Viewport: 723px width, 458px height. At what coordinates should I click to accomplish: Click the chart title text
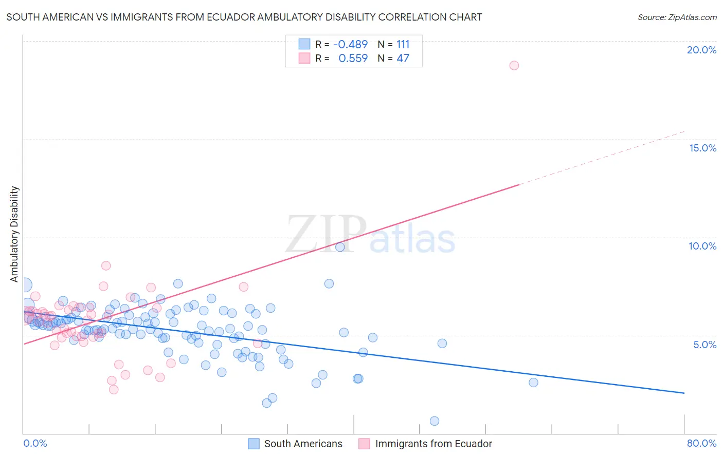(x=244, y=17)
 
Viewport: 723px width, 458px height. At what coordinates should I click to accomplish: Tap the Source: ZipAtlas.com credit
(x=677, y=17)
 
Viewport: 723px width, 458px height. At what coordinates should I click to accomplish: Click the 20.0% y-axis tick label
(x=701, y=50)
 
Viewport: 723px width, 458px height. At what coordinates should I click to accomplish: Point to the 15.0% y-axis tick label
(x=702, y=148)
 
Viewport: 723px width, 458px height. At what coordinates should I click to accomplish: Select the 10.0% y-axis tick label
(x=702, y=246)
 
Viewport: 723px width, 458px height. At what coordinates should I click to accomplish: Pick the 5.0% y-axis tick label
(x=704, y=345)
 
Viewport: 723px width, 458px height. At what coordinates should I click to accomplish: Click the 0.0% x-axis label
(x=35, y=443)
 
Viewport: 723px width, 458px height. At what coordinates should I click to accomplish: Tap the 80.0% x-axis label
(x=701, y=443)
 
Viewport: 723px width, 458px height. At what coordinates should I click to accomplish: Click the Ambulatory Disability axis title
(x=14, y=234)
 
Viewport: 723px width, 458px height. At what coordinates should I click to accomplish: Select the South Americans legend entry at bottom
(x=295, y=444)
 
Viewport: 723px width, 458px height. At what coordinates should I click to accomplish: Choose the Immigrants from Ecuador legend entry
(x=425, y=444)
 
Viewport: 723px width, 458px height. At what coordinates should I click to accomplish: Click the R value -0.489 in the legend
(x=350, y=45)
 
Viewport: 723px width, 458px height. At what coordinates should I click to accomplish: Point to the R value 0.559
(x=353, y=59)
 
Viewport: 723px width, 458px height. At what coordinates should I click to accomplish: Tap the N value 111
(x=403, y=45)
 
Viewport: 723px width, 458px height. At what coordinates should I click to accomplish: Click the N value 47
(x=403, y=59)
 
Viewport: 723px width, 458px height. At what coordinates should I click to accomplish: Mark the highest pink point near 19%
(x=514, y=65)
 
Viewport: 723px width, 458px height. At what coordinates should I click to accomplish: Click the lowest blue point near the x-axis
(x=435, y=421)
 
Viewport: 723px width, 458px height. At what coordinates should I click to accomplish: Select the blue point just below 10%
(x=340, y=247)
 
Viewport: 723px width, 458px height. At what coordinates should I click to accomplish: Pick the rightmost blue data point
(x=533, y=383)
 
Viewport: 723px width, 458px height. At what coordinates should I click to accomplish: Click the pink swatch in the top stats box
(x=304, y=58)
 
